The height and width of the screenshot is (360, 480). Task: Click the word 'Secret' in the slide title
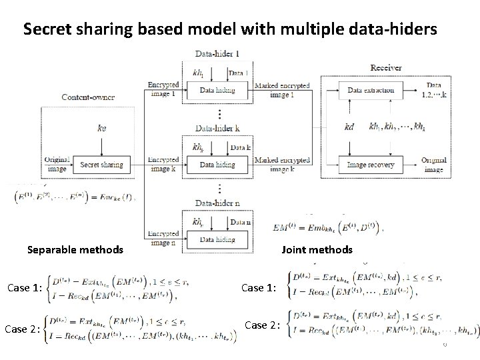45,29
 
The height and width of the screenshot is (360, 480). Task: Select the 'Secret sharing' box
101,164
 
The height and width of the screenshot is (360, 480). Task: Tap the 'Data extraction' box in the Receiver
371,90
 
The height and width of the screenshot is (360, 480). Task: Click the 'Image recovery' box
371,164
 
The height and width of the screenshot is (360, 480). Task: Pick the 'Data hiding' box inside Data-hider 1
217,90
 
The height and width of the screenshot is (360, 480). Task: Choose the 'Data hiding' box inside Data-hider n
217,239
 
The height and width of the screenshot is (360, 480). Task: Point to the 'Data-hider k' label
217,127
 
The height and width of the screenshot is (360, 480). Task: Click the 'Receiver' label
385,68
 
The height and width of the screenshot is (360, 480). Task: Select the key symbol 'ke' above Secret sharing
101,127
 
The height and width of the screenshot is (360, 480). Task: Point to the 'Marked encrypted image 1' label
281,90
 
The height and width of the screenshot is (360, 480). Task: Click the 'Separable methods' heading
75,250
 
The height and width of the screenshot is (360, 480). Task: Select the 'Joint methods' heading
317,250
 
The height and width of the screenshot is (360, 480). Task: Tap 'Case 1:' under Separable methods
24,288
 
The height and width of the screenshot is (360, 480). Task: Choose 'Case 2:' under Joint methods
261,325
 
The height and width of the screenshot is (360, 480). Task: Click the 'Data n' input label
240,222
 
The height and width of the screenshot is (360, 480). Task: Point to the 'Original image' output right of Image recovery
433,165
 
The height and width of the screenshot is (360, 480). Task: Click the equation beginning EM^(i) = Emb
327,230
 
